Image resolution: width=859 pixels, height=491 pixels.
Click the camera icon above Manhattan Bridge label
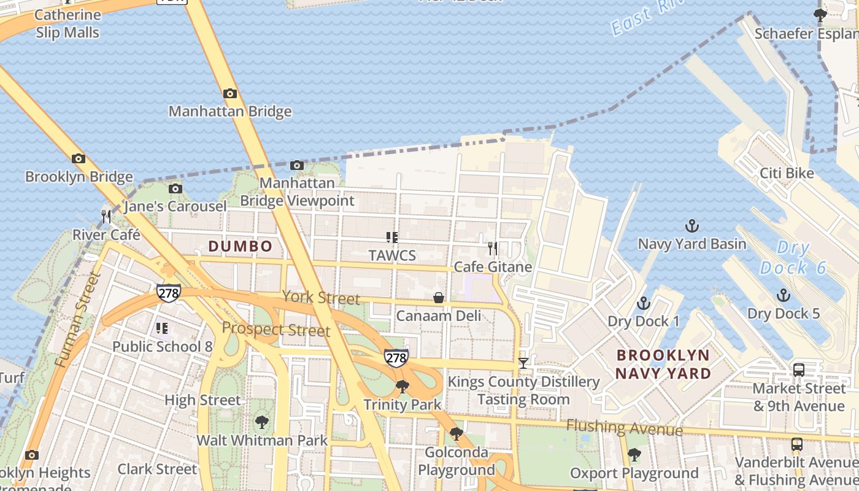[230, 93]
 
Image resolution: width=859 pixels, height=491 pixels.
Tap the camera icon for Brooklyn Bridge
[78, 158]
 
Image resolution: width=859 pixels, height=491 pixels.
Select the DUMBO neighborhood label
[240, 246]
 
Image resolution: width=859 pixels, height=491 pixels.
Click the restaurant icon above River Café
[106, 216]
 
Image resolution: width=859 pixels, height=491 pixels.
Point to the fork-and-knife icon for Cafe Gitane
[492, 249]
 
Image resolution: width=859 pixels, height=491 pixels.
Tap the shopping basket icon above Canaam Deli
[439, 298]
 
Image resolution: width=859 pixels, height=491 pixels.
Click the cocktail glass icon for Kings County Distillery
[523, 363]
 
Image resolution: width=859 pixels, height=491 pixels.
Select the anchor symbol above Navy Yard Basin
[691, 226]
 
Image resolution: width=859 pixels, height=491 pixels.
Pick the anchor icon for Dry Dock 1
[643, 303]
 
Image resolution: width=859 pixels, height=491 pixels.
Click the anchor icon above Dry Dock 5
[783, 295]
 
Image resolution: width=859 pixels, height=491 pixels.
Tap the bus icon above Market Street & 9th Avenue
[798, 369]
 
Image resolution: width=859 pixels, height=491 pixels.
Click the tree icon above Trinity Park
[402, 386]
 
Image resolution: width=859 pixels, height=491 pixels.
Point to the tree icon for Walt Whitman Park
[261, 422]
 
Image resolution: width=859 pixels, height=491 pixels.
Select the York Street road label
[321, 298]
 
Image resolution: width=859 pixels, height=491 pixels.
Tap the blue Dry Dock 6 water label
[793, 258]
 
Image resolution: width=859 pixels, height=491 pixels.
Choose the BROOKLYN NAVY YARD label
[663, 364]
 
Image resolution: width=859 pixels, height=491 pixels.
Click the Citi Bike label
[787, 173]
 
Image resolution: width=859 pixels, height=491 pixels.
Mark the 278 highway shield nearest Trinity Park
[396, 357]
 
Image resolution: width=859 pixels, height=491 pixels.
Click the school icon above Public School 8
[162, 328]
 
